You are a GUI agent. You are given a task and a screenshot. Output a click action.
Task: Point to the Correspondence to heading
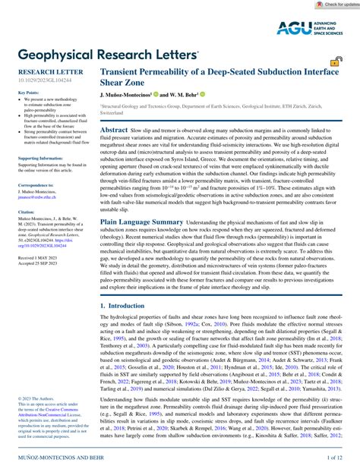click(36, 184)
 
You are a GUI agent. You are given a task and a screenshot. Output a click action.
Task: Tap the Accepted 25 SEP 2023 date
click(38, 265)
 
